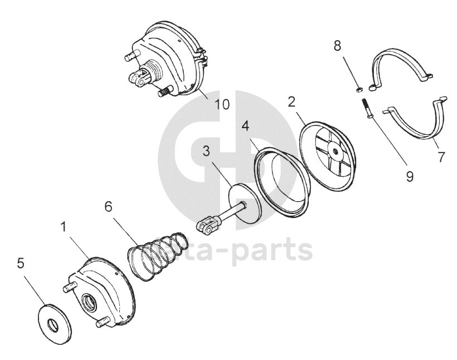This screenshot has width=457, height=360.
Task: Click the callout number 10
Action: tap(222, 104)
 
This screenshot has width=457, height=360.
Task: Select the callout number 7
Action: tap(441, 158)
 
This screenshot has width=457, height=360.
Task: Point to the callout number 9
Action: tap(409, 176)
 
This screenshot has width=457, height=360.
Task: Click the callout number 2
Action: tap(291, 101)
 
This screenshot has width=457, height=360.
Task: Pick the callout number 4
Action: tap(245, 125)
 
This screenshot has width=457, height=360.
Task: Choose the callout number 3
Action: tap(206, 152)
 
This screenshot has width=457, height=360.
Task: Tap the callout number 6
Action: tap(108, 207)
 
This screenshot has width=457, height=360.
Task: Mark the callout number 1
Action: tap(64, 227)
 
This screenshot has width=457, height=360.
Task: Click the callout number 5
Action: tap(21, 263)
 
